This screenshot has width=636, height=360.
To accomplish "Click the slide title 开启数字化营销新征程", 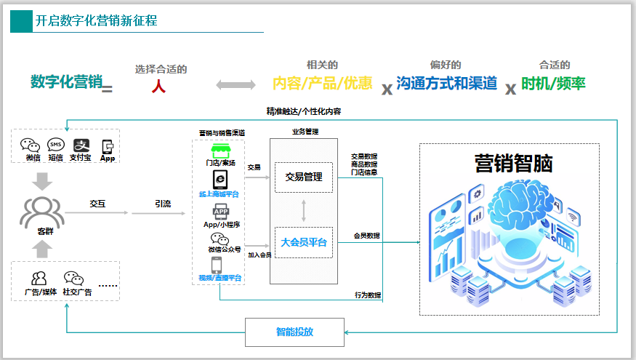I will point(96,21).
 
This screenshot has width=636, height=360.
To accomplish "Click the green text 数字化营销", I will point(66,82).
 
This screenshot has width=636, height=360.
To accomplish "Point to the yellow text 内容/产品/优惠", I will point(322,84).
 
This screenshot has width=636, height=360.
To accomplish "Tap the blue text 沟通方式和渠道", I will point(447,84).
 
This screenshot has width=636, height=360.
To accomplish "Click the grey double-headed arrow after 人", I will point(236,85).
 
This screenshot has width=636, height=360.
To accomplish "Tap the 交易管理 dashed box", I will point(303,177).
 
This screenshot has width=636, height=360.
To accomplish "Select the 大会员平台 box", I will point(303,242).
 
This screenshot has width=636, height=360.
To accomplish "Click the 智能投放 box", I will point(294,332).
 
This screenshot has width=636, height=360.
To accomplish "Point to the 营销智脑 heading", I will point(513,164).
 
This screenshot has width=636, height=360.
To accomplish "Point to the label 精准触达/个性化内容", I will point(304,111).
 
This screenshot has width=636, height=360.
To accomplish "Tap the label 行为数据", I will point(367,295).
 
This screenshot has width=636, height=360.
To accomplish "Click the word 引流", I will point(162,204).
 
